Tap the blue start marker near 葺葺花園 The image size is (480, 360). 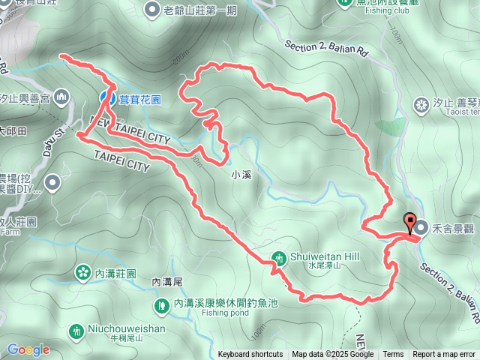click(x=107, y=97)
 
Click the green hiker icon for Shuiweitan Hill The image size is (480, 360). click(x=279, y=259)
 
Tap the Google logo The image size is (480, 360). click(x=28, y=349)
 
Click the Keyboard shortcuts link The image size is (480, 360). click(x=250, y=355)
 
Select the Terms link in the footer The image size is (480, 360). click(x=392, y=355)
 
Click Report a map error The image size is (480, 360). click(x=445, y=355)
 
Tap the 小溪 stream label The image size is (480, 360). click(x=241, y=175)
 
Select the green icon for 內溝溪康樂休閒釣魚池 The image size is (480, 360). click(x=162, y=305)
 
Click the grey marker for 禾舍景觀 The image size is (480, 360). click(x=421, y=226)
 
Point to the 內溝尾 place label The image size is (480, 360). click(x=167, y=282)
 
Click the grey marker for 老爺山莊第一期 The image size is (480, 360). click(x=152, y=10)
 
